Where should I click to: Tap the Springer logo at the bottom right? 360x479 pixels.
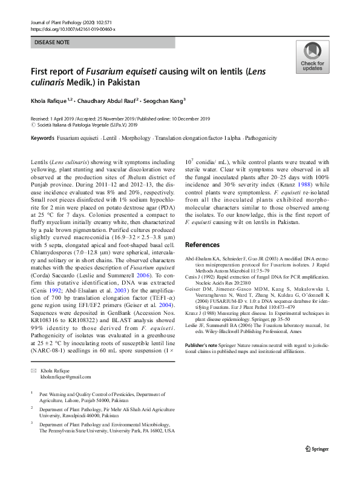tap(320, 448)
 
